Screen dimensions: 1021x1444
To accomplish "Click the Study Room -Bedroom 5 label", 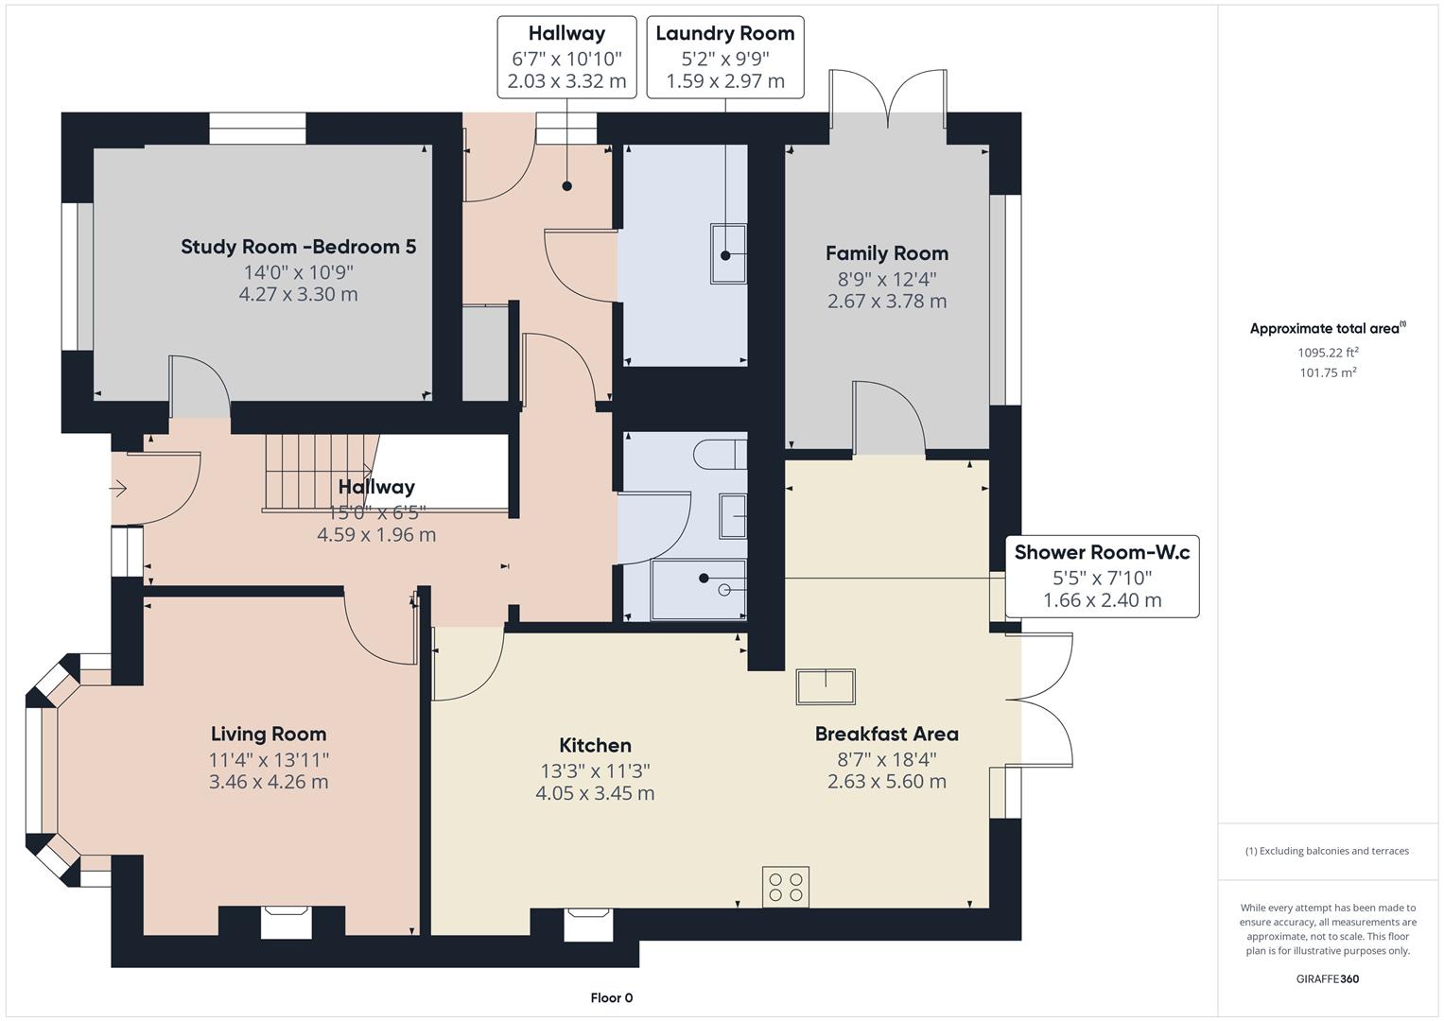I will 298,247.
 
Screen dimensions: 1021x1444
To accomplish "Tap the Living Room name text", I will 269,734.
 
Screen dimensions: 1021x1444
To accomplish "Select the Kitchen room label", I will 595,745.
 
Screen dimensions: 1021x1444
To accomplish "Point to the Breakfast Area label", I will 886,734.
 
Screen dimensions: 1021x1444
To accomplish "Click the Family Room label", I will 886,253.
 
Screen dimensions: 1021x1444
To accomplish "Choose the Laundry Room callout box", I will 724,57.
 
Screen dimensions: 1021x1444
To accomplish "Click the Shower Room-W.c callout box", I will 1102,576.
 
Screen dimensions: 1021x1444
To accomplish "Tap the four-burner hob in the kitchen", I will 786,887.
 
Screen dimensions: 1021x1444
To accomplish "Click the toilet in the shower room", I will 719,455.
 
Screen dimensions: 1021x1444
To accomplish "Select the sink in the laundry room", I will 728,253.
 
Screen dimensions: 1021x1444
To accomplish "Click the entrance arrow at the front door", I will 119,489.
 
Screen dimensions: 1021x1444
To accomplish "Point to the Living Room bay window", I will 43,770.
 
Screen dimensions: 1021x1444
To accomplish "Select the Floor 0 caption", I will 611,997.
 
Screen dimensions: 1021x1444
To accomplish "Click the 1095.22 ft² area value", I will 1328,352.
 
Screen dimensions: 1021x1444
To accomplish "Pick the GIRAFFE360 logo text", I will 1327,978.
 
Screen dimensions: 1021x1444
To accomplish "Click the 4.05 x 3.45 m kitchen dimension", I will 595,793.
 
